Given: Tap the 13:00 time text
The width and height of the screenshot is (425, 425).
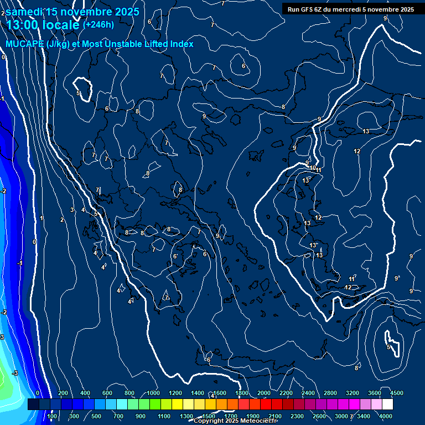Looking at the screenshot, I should [x=24, y=25].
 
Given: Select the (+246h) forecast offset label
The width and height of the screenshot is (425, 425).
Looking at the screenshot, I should [x=99, y=24].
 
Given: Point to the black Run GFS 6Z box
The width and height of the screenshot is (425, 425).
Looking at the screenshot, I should [x=351, y=9].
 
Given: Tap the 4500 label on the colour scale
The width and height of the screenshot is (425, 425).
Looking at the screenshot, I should [x=396, y=393].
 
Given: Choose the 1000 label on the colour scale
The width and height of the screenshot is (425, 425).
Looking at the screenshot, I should [x=153, y=393].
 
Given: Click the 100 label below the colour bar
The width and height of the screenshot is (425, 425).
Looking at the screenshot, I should [x=53, y=416].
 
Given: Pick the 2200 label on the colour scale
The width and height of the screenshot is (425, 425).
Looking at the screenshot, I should [x=286, y=393].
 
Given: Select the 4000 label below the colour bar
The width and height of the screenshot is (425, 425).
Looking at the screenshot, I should [x=386, y=416].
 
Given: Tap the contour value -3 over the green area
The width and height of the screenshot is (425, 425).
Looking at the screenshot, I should [x=15, y=373].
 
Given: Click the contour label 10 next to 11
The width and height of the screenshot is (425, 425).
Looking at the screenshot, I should [x=312, y=168].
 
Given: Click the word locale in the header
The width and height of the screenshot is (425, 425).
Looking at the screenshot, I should [x=61, y=25].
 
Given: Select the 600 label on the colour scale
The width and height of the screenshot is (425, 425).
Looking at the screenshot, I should [x=107, y=393].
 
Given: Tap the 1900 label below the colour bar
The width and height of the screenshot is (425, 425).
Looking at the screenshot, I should [x=252, y=416].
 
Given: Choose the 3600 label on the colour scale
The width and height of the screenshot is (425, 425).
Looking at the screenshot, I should [x=374, y=393].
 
